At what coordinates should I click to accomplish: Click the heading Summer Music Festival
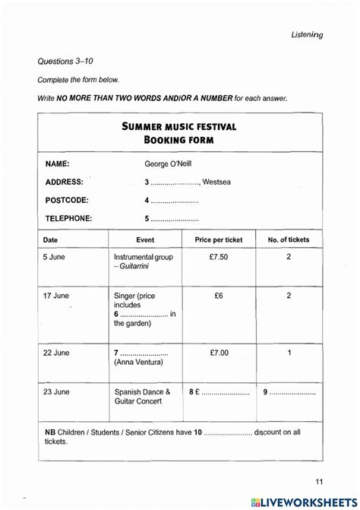tap(179, 126)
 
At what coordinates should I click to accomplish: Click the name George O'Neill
tap(173, 163)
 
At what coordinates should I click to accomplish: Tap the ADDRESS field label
tap(65, 182)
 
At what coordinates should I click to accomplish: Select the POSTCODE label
tap(67, 201)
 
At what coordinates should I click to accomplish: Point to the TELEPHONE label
tap(68, 219)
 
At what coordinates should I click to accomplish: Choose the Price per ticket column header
tap(219, 240)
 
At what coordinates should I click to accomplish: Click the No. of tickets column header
tap(289, 240)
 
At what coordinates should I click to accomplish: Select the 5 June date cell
tap(54, 257)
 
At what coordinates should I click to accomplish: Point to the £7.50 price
tap(219, 257)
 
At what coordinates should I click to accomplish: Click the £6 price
tap(219, 295)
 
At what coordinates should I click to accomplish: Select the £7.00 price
tap(219, 353)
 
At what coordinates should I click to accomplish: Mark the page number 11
tap(319, 481)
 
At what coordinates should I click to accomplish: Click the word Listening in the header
tap(307, 34)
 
